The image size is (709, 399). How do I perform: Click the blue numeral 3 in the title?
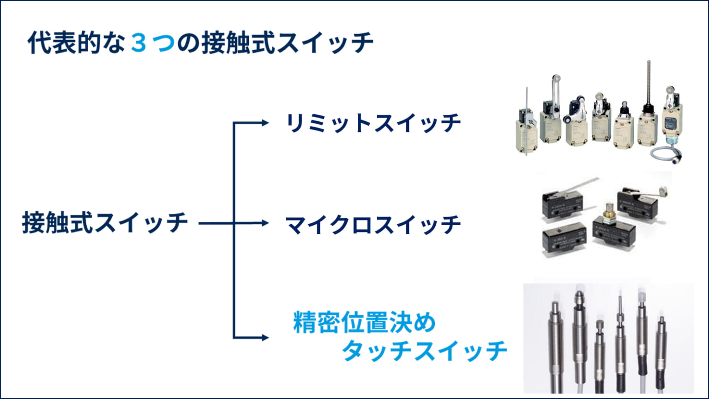[x=138, y=43]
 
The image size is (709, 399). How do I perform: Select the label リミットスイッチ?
[x=373, y=123]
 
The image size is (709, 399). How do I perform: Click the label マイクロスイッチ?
[x=373, y=225]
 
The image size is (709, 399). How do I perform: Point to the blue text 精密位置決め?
[x=364, y=322]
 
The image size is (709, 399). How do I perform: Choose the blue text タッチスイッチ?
[x=425, y=351]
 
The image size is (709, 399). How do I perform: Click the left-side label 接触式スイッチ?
[x=105, y=223]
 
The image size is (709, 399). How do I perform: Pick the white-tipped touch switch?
[x=642, y=342]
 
